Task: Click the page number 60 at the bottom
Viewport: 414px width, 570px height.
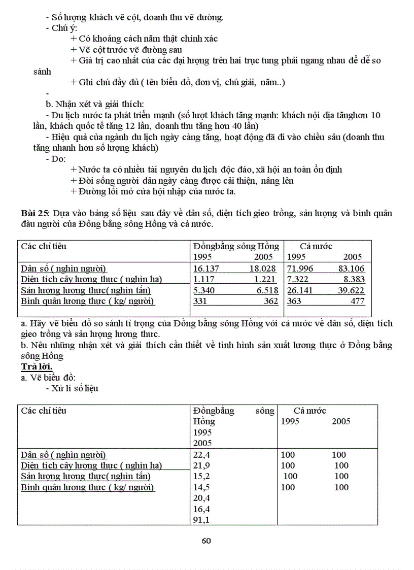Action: click(206, 541)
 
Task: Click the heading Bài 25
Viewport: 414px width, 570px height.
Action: click(31, 213)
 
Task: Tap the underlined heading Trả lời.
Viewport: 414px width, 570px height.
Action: click(36, 366)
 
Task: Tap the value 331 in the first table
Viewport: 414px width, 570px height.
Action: click(201, 301)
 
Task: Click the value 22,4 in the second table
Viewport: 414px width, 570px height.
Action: click(201, 455)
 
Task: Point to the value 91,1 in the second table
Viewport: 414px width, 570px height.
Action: click(201, 520)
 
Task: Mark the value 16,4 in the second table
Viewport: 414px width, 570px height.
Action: click(201, 509)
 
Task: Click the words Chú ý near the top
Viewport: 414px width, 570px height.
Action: click(64, 28)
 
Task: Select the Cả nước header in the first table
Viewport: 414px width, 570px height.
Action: click(316, 246)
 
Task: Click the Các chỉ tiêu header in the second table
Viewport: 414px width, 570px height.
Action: click(44, 411)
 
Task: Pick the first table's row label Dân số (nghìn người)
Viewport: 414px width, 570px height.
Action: click(64, 269)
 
